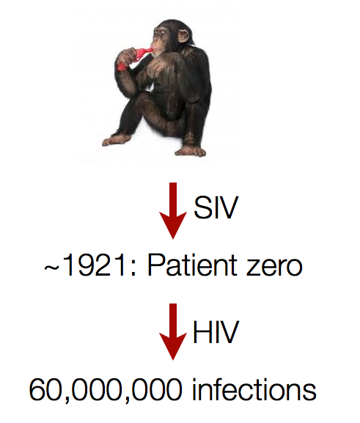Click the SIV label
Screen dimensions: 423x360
point(217,209)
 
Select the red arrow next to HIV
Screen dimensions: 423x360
point(173,334)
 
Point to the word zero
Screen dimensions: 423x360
point(278,267)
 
